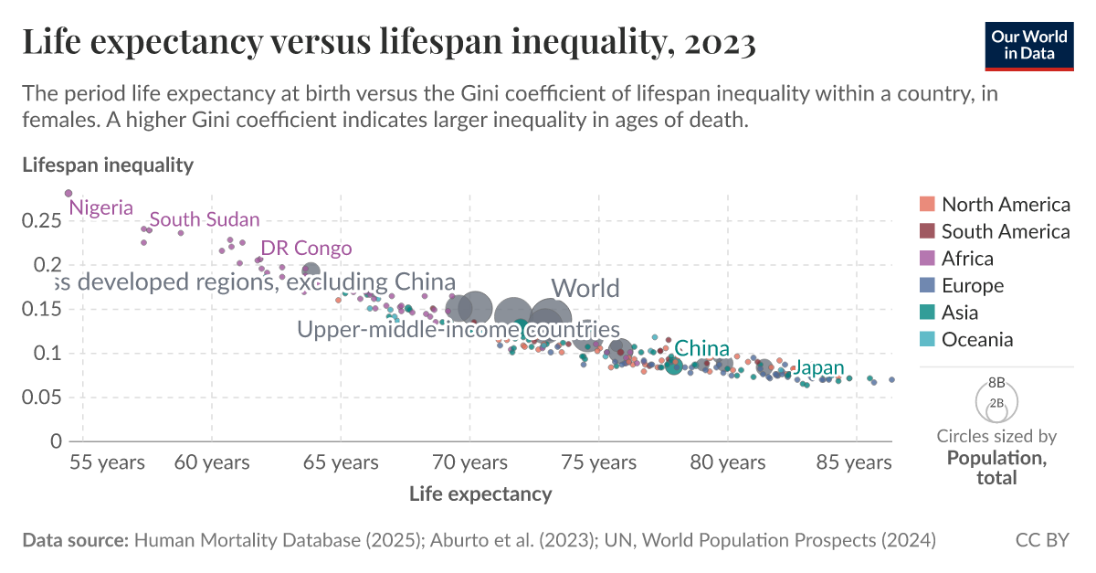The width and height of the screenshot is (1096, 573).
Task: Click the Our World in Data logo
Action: tap(1029, 43)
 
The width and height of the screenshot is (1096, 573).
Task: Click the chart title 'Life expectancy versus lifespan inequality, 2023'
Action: tap(388, 43)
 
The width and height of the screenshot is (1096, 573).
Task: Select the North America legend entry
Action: tap(1005, 205)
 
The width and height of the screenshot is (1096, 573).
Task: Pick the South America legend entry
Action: tap(1005, 232)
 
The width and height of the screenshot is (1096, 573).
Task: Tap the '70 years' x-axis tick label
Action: tap(469, 463)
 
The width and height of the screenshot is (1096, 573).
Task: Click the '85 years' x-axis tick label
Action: tap(856, 463)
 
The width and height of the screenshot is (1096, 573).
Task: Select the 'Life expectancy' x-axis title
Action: tap(480, 494)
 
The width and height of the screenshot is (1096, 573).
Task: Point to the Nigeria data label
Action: tap(100, 208)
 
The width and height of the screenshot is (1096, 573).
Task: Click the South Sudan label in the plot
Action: tap(205, 220)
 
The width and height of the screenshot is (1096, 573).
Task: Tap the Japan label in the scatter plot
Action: tap(818, 368)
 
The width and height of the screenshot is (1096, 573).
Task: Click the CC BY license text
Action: tap(1041, 540)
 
